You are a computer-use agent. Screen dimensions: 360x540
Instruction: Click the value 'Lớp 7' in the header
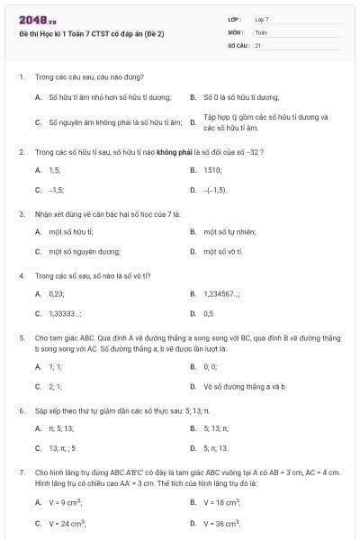[261, 19]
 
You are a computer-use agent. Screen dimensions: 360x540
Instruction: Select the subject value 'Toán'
[261, 31]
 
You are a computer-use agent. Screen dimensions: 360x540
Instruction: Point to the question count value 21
[257, 44]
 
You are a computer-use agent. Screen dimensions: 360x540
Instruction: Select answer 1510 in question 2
[212, 169]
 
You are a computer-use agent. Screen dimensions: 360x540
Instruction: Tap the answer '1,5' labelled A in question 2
[54, 169]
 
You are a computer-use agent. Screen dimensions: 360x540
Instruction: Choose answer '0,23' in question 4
[57, 293]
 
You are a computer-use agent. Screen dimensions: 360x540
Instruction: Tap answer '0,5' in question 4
[209, 313]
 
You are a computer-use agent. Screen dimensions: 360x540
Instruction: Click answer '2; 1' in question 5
[55, 386]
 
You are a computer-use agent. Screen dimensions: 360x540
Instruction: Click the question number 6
[20, 409]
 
